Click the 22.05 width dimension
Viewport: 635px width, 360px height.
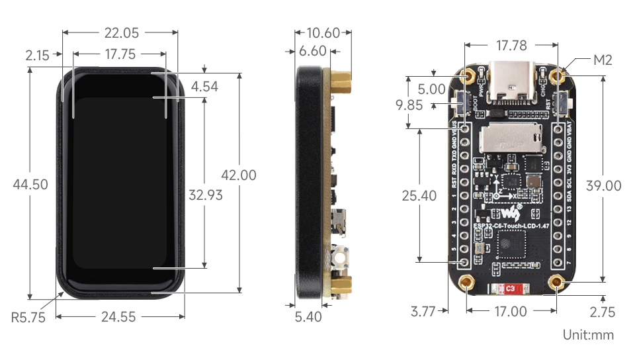120,32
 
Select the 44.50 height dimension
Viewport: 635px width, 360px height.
30,185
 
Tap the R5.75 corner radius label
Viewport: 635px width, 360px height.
28,317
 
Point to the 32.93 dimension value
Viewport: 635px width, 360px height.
205,195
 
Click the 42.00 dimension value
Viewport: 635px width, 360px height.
238,175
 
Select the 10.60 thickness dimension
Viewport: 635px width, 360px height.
324,32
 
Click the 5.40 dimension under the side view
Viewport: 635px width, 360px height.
308,317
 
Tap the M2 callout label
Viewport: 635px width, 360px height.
603,60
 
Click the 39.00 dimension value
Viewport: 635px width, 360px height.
603,186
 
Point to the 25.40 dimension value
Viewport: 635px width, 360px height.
419,195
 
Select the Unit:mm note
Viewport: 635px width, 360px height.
588,335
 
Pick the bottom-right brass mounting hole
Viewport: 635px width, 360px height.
560,285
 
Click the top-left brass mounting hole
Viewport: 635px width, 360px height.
469,75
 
